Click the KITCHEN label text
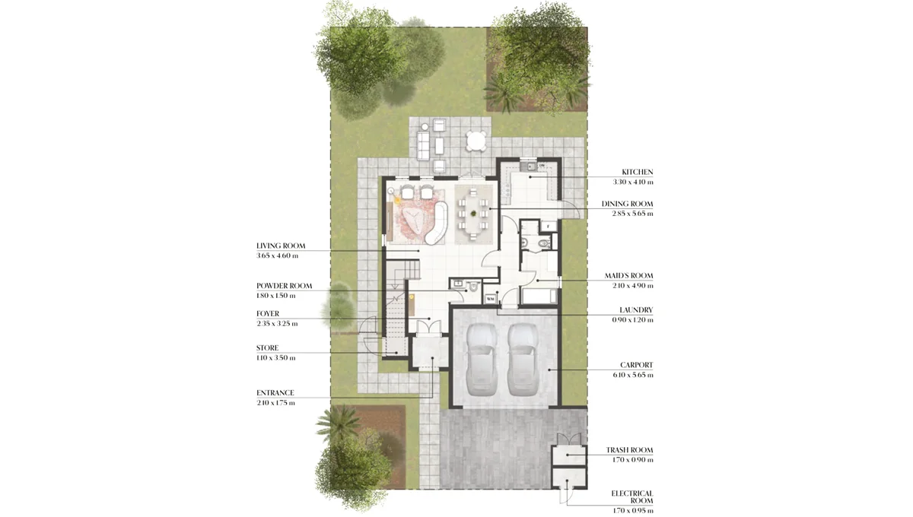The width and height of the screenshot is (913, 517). pyautogui.click(x=637, y=173)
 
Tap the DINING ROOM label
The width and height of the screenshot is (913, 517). pyautogui.click(x=627, y=204)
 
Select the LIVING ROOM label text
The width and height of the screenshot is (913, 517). pyautogui.click(x=282, y=246)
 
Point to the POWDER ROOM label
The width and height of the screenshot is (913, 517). pyautogui.click(x=284, y=286)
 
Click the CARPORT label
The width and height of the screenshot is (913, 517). pyautogui.click(x=636, y=365)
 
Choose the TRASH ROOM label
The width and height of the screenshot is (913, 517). pyautogui.click(x=629, y=450)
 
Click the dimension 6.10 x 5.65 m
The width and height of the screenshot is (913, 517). pyautogui.click(x=633, y=375)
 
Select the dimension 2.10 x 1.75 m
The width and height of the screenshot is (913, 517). pyautogui.click(x=275, y=402)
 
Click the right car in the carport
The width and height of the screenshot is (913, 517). pyautogui.click(x=523, y=358)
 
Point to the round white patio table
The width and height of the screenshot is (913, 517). pyautogui.click(x=476, y=141)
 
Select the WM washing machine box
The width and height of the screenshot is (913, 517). pyautogui.click(x=490, y=299)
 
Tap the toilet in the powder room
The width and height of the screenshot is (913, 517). pyautogui.click(x=472, y=287)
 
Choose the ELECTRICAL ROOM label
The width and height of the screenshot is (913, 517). pyautogui.click(x=631, y=497)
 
